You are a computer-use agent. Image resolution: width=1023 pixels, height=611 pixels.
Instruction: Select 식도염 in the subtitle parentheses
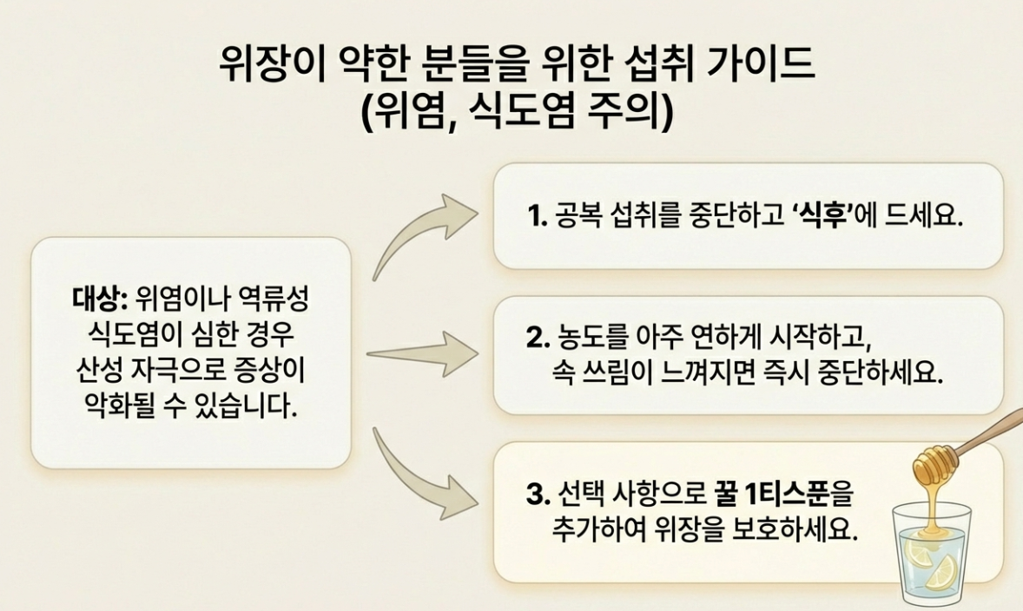tap(522, 112)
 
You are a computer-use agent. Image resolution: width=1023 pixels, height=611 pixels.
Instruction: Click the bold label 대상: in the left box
tap(99, 299)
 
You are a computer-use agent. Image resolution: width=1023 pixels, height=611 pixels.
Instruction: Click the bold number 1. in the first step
tap(537, 216)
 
